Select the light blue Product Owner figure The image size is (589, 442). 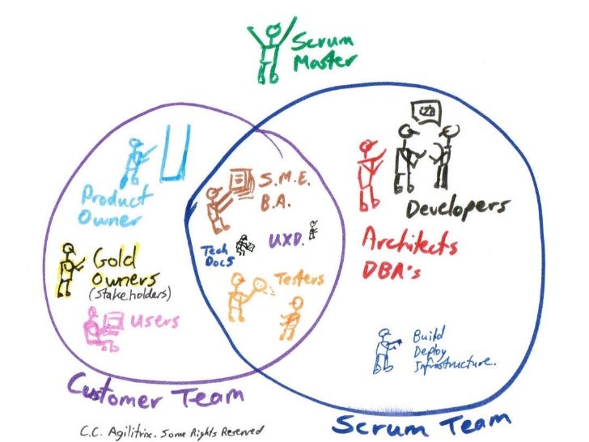(133, 162)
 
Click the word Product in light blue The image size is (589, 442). (117, 196)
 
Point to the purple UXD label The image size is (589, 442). (284, 240)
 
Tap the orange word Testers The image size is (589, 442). (299, 280)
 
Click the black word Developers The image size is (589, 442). (460, 208)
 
